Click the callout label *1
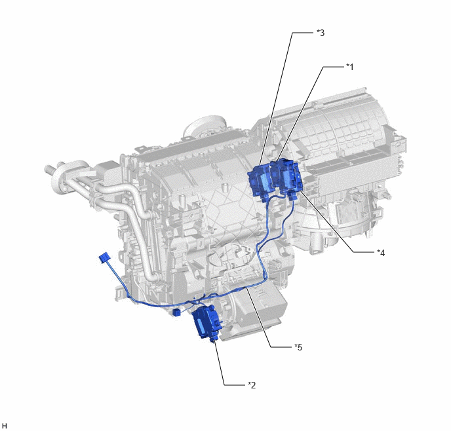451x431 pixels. (349, 67)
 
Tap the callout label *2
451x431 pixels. (252, 385)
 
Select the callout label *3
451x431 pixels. (321, 33)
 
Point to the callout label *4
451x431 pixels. (381, 253)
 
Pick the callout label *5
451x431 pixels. (298, 347)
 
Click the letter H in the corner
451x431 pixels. (5, 426)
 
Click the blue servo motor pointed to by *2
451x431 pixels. (206, 322)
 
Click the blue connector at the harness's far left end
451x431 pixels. (104, 257)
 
